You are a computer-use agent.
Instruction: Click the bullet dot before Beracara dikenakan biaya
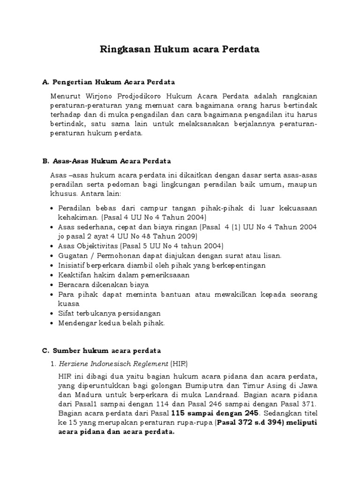(52, 285)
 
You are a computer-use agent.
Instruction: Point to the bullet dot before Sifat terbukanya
(52, 314)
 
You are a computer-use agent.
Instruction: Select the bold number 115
(180, 413)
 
